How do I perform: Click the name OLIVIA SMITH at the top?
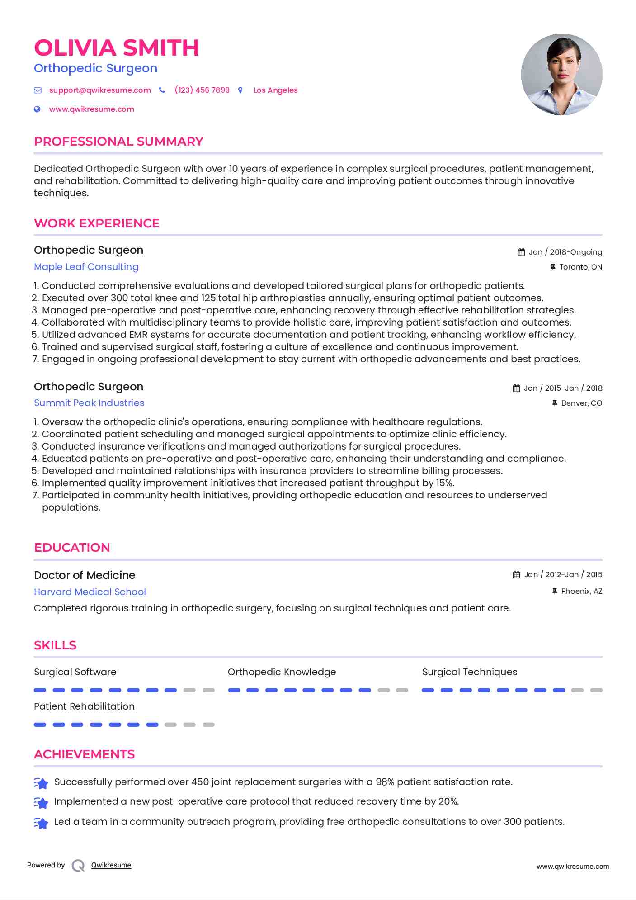coord(116,48)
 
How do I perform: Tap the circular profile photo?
coord(561,74)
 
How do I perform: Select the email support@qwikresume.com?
coord(100,90)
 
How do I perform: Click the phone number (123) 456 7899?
coord(202,90)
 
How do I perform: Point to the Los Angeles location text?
coord(275,90)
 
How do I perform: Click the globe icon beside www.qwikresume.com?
coord(38,109)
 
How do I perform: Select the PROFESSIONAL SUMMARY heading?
coord(118,142)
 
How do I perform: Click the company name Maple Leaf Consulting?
coord(86,267)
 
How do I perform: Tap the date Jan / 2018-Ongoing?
coord(565,252)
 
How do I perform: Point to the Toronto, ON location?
coord(580,267)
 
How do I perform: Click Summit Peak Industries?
coord(89,403)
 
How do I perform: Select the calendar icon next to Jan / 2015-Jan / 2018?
coord(516,388)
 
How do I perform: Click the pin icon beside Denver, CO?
coord(555,403)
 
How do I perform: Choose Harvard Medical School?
coord(90,592)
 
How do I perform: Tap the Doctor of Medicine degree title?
coord(85,575)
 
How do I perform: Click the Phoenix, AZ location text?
coord(581,591)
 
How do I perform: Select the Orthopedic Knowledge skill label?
coord(282,672)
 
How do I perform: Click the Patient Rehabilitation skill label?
coord(84,706)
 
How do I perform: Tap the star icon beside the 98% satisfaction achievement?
coord(41,783)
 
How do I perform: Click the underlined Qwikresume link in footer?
coord(111,865)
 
